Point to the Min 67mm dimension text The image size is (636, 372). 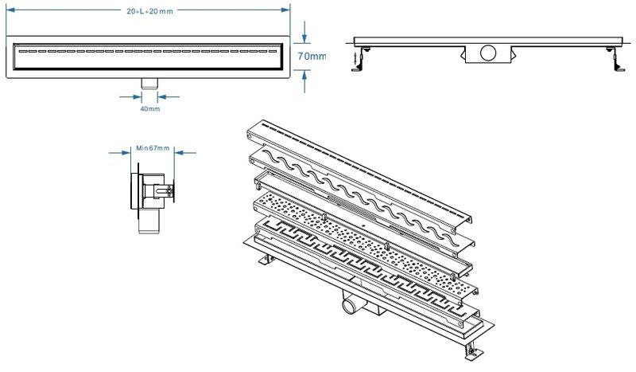point(151,148)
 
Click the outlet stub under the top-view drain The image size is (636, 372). point(149,83)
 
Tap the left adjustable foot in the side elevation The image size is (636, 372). point(364,57)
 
